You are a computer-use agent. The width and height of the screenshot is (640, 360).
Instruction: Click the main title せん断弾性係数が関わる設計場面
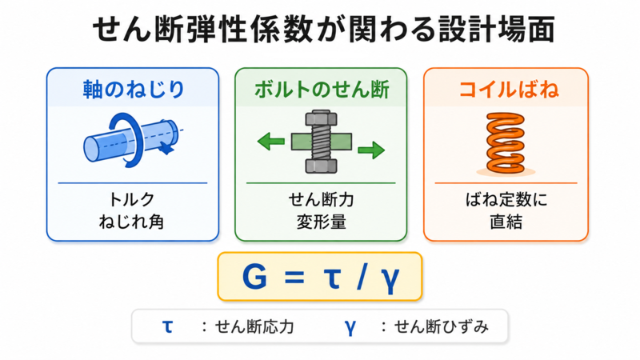[323, 29]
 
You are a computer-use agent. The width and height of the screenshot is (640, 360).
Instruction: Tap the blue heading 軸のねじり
[134, 90]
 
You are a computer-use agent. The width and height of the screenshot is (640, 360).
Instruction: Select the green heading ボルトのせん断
[322, 90]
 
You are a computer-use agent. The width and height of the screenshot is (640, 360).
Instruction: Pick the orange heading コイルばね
[509, 90]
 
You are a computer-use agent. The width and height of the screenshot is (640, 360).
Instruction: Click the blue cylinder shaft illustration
[130, 141]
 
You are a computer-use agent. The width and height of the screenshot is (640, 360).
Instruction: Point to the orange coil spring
[506, 143]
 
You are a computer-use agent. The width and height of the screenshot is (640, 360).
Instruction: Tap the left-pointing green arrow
[270, 142]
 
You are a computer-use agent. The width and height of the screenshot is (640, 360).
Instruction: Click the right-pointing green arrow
[371, 150]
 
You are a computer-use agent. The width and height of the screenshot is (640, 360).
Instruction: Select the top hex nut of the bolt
[322, 118]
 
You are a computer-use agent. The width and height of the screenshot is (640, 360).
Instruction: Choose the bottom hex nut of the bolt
[322, 166]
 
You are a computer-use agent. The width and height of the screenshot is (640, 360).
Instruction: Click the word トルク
[132, 199]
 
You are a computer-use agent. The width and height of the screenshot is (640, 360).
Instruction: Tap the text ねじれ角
[131, 222]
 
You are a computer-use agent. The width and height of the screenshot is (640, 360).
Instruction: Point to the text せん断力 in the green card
[322, 199]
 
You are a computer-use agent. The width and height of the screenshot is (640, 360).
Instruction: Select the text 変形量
[322, 222]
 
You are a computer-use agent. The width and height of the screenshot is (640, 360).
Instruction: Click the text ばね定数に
[506, 199]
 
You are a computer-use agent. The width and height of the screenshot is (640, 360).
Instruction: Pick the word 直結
[506, 222]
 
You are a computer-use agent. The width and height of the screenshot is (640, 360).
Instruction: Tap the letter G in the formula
[254, 276]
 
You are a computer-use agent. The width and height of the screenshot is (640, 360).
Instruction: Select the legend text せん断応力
[254, 327]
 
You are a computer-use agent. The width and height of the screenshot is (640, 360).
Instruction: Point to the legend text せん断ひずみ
[441, 327]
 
